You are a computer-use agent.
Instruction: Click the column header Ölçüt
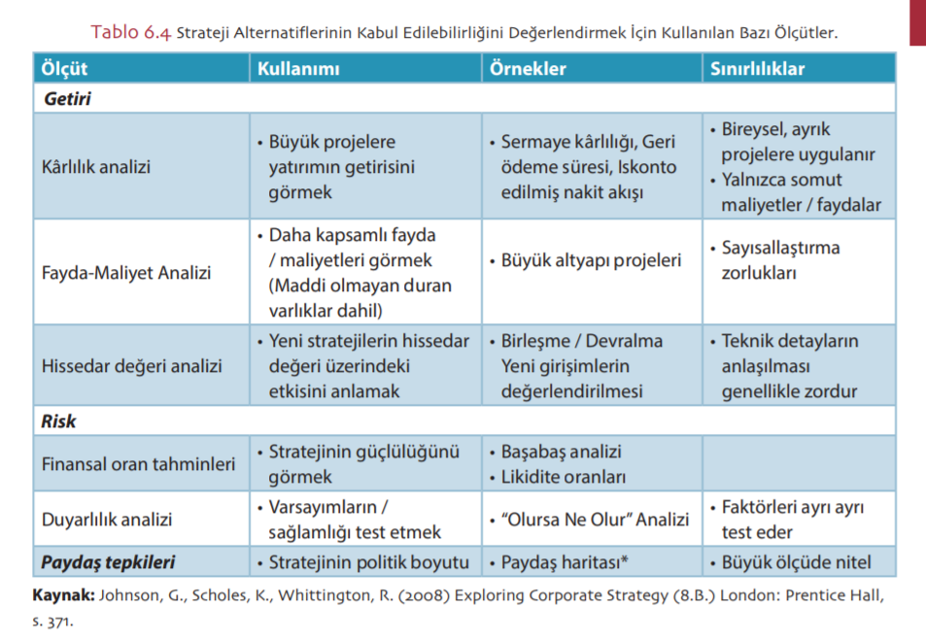click(65, 69)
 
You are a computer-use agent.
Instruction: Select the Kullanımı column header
click(298, 69)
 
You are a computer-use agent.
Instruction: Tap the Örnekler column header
click(528, 69)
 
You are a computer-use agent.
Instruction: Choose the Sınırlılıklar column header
click(757, 69)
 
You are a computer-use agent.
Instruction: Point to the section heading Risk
click(59, 422)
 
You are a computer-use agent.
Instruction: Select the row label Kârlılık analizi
click(96, 166)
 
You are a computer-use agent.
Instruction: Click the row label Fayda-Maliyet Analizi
click(126, 273)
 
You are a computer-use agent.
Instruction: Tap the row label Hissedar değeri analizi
click(132, 366)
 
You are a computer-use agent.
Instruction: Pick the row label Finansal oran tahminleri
click(138, 464)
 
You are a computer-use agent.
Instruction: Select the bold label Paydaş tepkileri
click(110, 562)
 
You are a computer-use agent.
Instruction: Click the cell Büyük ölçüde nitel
click(796, 562)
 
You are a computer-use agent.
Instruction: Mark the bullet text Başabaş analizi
click(561, 452)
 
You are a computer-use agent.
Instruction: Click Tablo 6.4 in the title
click(131, 32)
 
